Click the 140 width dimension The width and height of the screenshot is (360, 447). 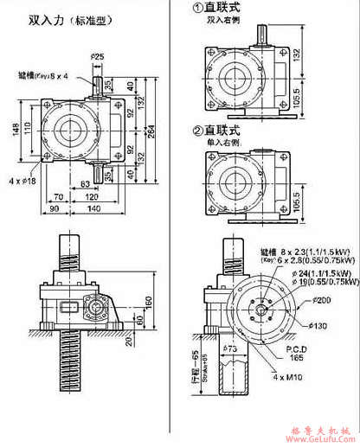[x=93, y=208]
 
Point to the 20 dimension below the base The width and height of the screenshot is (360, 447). [x=127, y=340]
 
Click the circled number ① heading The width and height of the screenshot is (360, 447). [x=197, y=8]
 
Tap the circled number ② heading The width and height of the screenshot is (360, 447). [x=197, y=131]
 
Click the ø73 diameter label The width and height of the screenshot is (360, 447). [x=229, y=349]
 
